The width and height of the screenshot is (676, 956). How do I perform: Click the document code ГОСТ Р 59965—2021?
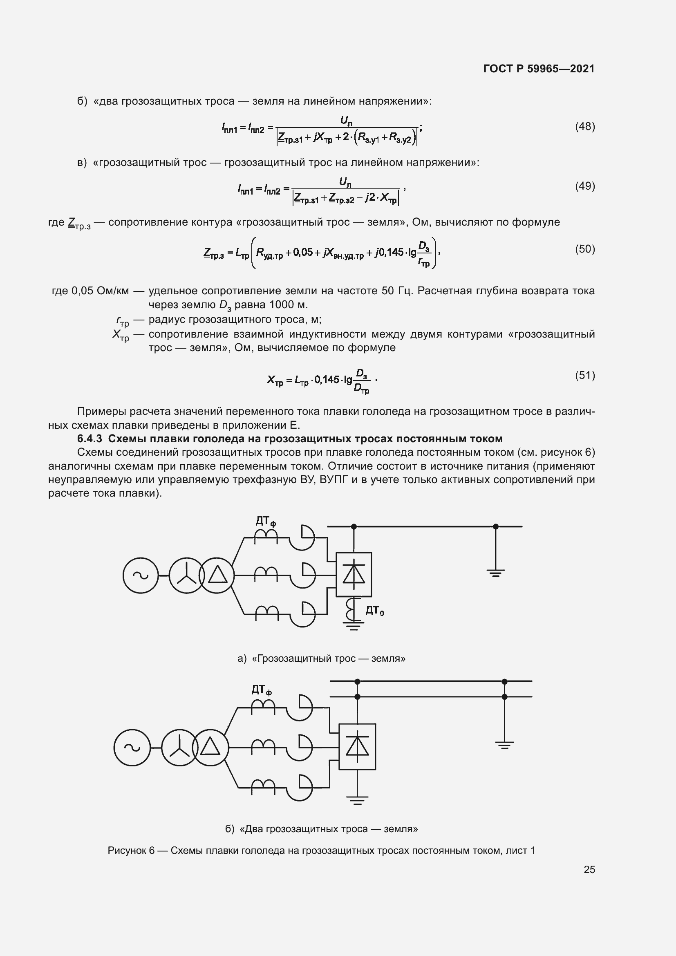539,69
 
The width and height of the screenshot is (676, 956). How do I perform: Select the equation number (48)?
585,127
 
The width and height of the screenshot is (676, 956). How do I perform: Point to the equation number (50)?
585,249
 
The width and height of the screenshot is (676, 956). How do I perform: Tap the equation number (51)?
585,375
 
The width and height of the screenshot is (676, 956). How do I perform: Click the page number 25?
589,869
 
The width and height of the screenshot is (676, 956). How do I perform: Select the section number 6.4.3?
90,439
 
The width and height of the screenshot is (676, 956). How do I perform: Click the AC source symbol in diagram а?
141,575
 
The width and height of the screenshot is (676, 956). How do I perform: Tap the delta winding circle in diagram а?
217,575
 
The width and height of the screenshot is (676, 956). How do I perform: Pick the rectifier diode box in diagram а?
354,575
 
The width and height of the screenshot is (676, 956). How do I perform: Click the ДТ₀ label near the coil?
375,611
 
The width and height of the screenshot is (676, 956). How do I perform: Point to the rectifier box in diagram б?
357,747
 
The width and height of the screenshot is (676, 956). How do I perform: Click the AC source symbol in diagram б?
132,748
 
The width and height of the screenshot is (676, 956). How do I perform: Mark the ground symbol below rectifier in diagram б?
357,800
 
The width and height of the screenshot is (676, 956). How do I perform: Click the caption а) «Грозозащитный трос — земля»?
321,658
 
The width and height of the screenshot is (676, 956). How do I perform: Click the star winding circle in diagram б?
180,748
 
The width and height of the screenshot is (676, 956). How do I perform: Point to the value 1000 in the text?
282,305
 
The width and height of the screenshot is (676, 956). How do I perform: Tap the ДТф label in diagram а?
266,521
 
